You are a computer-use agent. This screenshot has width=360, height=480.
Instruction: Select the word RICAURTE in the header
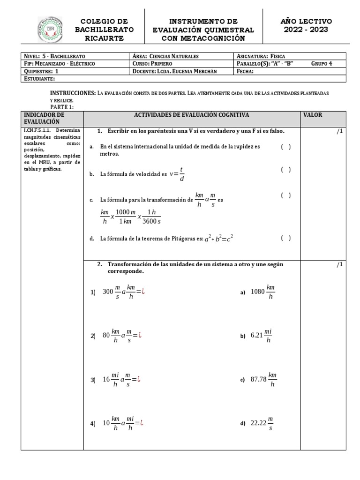click(x=104, y=38)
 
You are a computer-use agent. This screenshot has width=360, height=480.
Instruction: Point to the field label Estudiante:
click(x=39, y=79)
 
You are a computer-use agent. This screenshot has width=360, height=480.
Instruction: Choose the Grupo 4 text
click(x=322, y=64)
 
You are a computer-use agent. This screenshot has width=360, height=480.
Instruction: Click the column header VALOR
click(x=313, y=115)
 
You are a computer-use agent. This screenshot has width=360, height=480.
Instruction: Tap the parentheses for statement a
click(x=286, y=147)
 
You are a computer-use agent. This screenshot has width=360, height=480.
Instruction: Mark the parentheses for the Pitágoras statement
click(x=286, y=238)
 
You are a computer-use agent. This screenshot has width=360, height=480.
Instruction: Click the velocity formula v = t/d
click(x=177, y=174)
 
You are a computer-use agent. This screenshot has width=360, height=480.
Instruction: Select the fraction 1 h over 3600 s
click(x=151, y=217)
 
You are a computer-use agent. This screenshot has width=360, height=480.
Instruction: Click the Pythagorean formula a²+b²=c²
click(x=218, y=238)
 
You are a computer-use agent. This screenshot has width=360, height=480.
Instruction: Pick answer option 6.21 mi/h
click(x=262, y=336)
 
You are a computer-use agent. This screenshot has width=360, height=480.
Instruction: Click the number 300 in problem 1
click(x=108, y=292)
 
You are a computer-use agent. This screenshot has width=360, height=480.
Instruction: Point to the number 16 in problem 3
click(x=106, y=380)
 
